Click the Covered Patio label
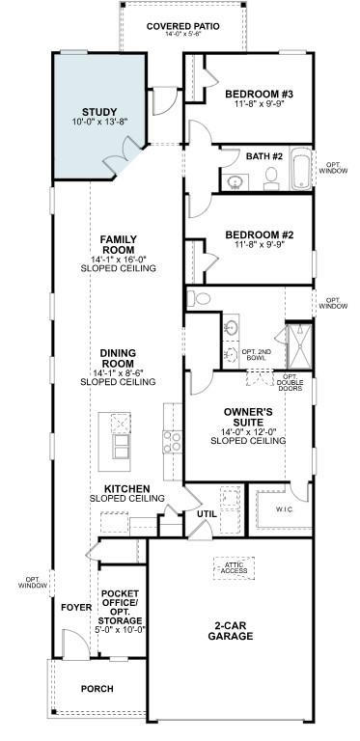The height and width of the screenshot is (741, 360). pos(182,26)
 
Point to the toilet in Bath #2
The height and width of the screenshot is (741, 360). pos(271,176)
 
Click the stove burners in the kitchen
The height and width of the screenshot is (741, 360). pos(172,441)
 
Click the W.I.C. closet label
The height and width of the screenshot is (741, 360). pos(284,508)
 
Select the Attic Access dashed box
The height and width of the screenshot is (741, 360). pos(234,568)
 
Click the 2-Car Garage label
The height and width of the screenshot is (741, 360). pos(233,632)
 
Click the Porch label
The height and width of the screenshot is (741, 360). pos(97,689)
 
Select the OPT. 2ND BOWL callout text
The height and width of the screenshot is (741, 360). pos(256,354)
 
